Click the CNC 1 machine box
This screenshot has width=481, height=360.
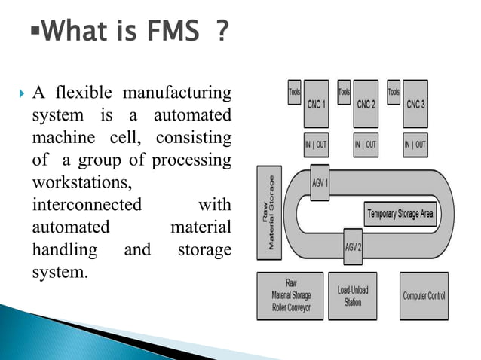[x=317, y=104]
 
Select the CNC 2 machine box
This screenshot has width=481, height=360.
[x=366, y=104]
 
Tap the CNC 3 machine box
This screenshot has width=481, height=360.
[x=415, y=104]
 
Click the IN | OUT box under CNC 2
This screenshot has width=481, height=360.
[x=366, y=144]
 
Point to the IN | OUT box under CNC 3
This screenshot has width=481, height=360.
[x=415, y=144]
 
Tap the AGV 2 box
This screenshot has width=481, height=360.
[x=353, y=246]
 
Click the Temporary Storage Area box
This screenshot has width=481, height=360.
[x=400, y=214]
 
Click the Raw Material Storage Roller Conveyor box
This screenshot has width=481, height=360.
[x=290, y=296]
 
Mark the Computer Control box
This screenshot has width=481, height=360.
[x=424, y=296]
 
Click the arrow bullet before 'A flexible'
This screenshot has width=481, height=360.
[x=20, y=93]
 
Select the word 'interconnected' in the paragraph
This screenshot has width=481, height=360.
[x=87, y=205]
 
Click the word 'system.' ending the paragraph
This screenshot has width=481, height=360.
[x=60, y=271]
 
